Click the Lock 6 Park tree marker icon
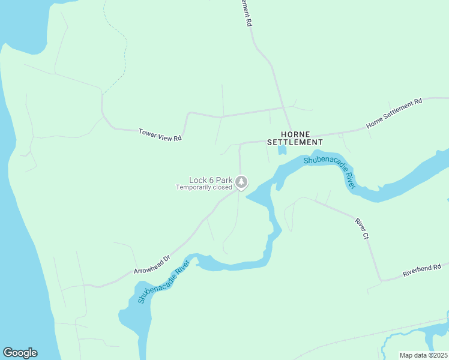pyautogui.click(x=241, y=181)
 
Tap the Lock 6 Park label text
pyautogui.click(x=210, y=179)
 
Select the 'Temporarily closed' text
pyautogui.click(x=203, y=187)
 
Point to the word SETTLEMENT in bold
pyautogui.click(x=295, y=142)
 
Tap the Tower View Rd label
pyautogui.click(x=160, y=134)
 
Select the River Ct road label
pyautogui.click(x=361, y=229)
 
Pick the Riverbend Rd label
pyautogui.click(x=422, y=270)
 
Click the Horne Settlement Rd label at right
pyautogui.click(x=394, y=113)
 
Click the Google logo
pyautogui.click(x=20, y=353)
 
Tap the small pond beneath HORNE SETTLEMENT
pyautogui.click(x=282, y=150)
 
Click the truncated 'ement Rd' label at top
pyautogui.click(x=247, y=12)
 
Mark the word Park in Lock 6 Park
pyautogui.click(x=224, y=179)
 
